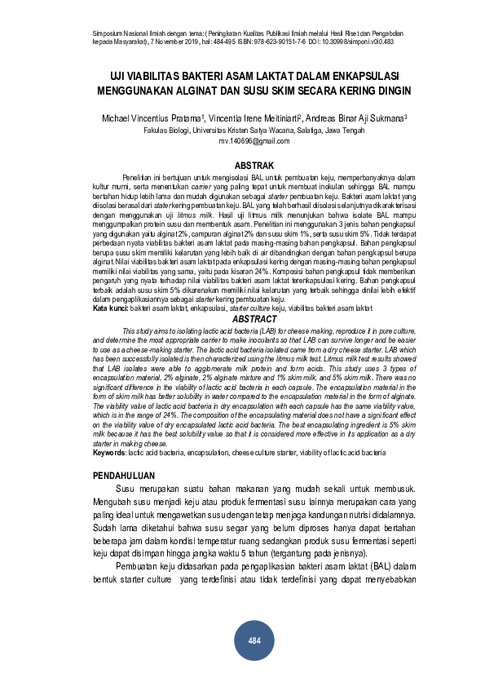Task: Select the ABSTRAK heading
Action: [x=254, y=166]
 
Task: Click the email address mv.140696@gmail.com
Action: [x=254, y=141]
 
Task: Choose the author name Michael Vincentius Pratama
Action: [x=154, y=117]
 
